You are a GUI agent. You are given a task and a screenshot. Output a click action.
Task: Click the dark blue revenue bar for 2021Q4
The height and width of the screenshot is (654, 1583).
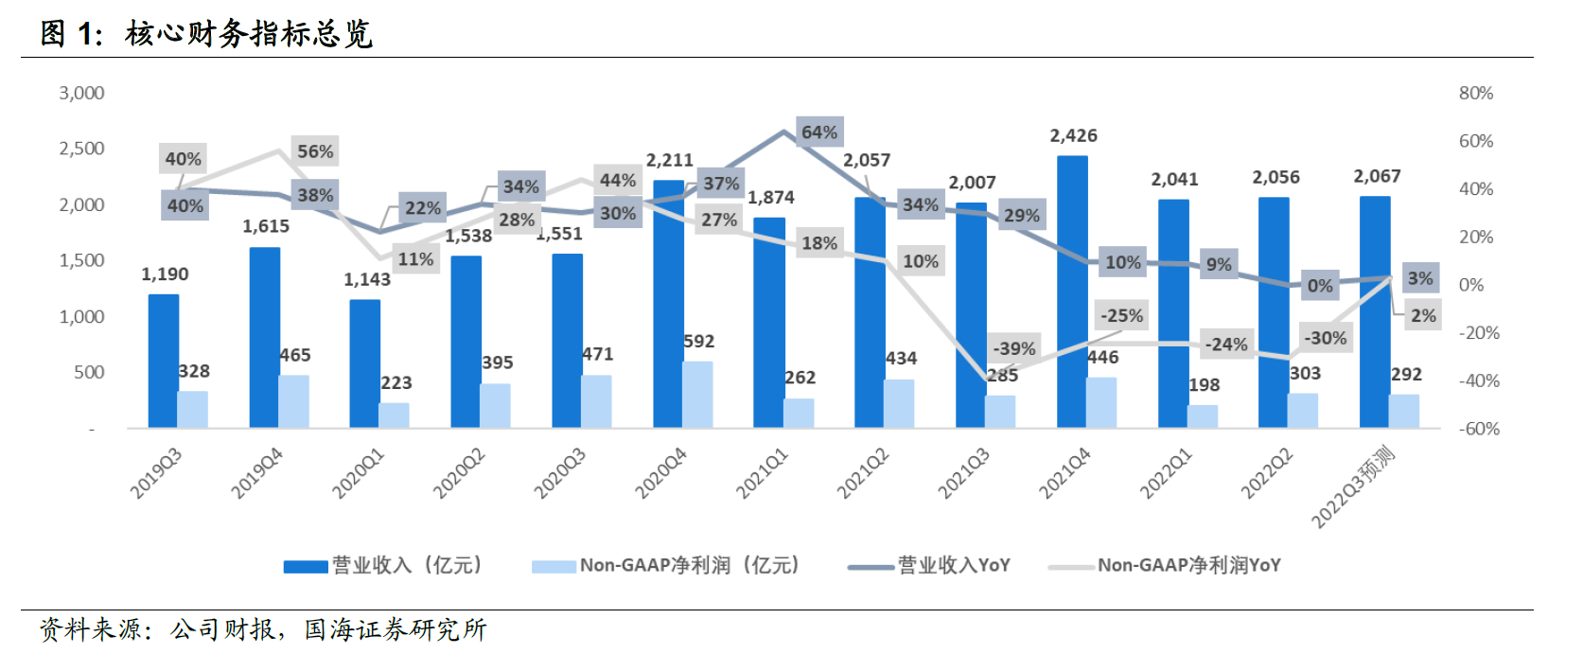tap(1072, 293)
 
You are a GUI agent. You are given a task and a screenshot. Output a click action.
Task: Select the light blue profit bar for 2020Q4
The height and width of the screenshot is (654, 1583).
tap(697, 395)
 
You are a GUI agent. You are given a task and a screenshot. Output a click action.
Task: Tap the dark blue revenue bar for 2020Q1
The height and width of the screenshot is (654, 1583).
tap(365, 364)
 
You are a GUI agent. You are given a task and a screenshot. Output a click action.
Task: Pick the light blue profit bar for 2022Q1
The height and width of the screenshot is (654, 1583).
tap(1203, 416)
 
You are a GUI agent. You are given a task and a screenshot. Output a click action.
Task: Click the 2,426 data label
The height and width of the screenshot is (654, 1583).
tap(1073, 136)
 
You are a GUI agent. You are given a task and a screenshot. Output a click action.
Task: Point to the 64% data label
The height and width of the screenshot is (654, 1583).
tap(819, 133)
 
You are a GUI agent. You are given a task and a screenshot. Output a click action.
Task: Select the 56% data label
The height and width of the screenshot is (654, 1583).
tap(315, 151)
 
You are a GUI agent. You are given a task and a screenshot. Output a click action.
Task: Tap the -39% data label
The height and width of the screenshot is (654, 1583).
tap(1014, 348)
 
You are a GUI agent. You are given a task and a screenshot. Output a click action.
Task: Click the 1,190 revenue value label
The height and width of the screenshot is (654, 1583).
tap(165, 274)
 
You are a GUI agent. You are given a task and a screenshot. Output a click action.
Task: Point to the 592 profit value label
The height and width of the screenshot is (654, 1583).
tap(699, 342)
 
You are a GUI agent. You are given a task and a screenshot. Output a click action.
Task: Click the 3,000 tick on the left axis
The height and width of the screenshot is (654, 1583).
tap(82, 93)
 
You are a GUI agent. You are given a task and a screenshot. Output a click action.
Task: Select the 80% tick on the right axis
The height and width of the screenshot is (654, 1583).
tap(1475, 93)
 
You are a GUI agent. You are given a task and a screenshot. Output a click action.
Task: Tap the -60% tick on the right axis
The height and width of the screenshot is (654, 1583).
tap(1479, 429)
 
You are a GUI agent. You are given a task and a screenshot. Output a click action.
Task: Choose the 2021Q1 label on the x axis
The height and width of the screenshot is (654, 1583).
tap(763, 473)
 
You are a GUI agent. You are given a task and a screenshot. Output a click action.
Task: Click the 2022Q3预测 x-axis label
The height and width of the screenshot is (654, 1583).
tap(1354, 486)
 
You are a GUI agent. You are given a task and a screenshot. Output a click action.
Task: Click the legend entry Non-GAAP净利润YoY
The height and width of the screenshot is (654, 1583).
tap(1188, 565)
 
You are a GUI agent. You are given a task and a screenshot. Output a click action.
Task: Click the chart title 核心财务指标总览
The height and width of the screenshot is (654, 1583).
tap(249, 34)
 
